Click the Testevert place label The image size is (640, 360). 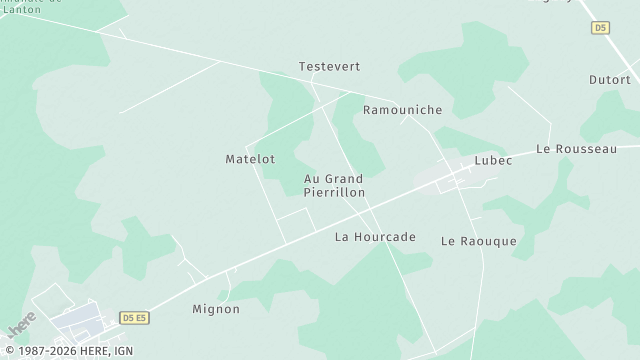click(329, 67)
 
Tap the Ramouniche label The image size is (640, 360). click(402, 110)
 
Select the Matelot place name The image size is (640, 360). click(250, 159)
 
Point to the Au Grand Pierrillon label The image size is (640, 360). click(334, 185)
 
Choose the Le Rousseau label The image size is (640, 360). click(576, 149)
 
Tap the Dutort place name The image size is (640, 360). click(609, 80)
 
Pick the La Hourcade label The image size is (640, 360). click(375, 237)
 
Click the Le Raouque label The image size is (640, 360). click(478, 242)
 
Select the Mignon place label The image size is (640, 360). click(216, 310)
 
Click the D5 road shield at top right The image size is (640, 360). click(600, 28)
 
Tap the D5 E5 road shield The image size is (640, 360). click(135, 318)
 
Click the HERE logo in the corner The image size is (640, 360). click(21, 325)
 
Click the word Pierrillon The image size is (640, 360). click(334, 192)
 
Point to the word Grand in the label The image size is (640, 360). click(343, 179)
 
